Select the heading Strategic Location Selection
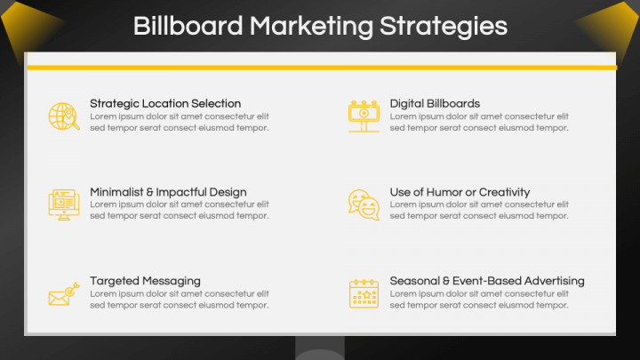tap(165, 103)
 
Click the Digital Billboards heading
tap(435, 103)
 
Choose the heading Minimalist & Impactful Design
tap(168, 192)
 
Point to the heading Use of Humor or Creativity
tap(460, 192)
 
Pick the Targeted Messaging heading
tap(145, 281)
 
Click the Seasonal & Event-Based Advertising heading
tap(487, 281)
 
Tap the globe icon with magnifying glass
tap(64, 116)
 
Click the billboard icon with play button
tap(364, 116)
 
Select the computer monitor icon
tap(63, 204)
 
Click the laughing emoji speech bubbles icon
tap(364, 204)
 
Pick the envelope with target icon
tap(63, 294)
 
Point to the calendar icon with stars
tap(364, 293)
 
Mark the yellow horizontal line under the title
tap(321, 67)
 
